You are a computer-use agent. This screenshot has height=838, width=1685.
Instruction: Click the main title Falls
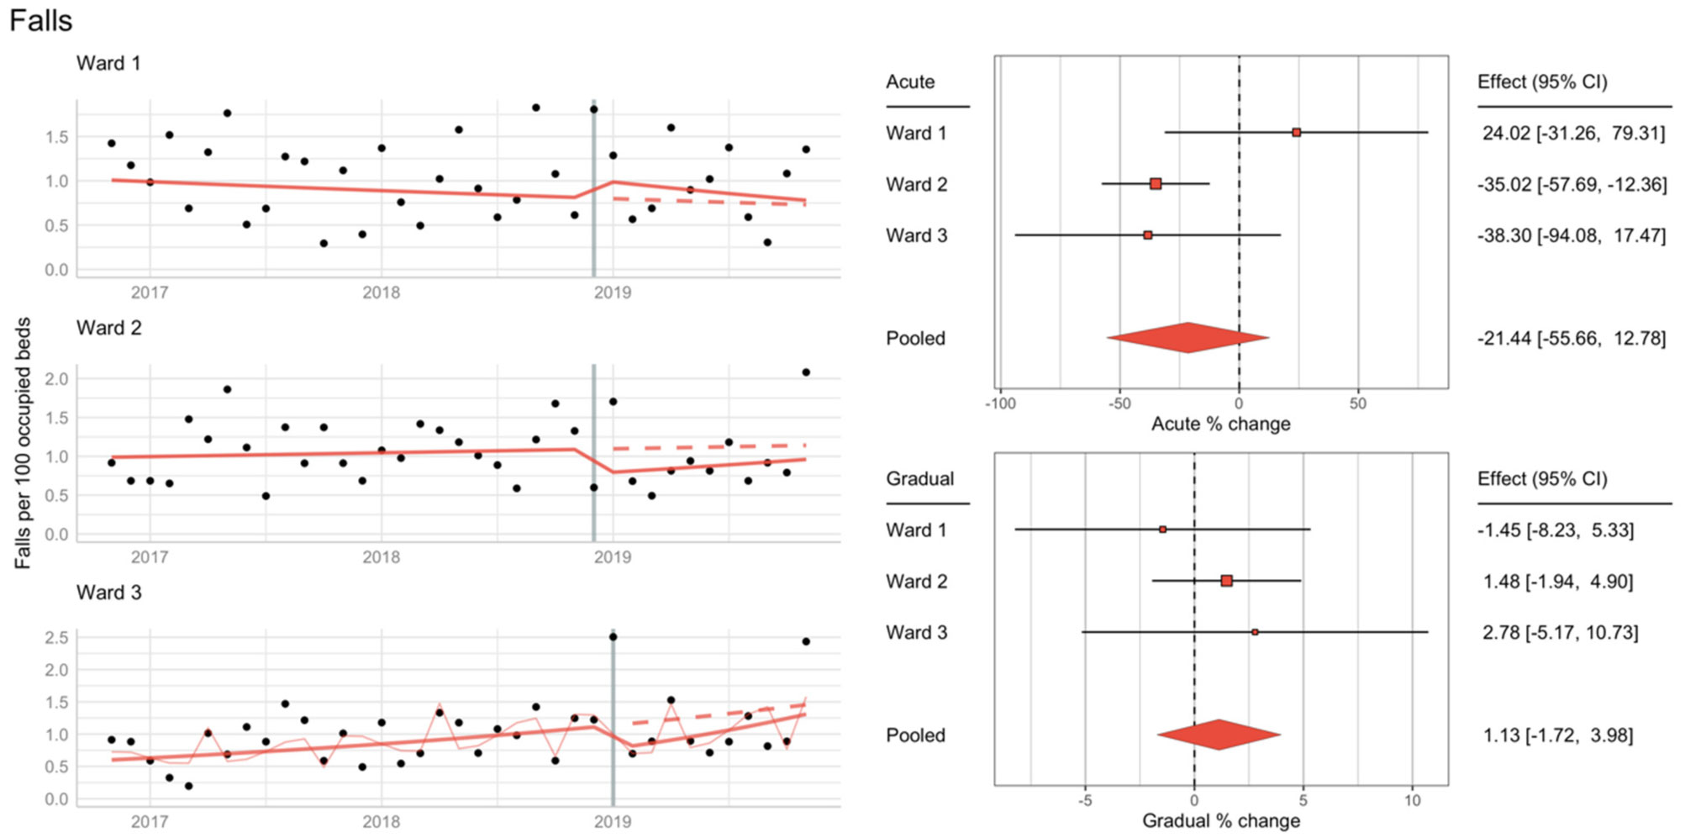(x=40, y=20)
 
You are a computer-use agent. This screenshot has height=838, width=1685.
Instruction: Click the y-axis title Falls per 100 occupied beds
(x=23, y=443)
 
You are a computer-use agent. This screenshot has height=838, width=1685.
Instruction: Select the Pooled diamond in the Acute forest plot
(x=1187, y=338)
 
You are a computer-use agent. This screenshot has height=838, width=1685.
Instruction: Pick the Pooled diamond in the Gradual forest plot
(x=1219, y=735)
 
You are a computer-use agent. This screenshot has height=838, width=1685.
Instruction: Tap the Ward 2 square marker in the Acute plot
(x=1156, y=184)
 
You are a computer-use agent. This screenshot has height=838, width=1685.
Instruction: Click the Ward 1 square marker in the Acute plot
(x=1296, y=133)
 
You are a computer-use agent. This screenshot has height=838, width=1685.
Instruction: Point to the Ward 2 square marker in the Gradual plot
(x=1226, y=581)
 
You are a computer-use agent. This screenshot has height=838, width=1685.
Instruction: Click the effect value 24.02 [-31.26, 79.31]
(x=1572, y=133)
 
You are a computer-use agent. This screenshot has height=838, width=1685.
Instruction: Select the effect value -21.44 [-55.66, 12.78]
(x=1571, y=338)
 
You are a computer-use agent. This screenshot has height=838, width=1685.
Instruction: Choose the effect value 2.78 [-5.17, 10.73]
(x=1560, y=632)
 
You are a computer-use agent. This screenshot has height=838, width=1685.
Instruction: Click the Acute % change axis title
(x=1220, y=424)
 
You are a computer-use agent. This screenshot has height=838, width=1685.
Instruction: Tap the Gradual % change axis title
(x=1220, y=820)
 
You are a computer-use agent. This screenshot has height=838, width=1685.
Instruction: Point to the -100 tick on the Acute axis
(x=1000, y=403)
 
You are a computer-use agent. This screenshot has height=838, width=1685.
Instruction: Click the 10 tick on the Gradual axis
(x=1412, y=800)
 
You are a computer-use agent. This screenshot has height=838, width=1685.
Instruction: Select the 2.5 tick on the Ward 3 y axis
(x=56, y=638)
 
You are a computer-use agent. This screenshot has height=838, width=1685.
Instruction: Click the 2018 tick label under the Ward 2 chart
(x=381, y=557)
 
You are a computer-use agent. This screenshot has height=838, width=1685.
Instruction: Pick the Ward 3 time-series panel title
(x=108, y=593)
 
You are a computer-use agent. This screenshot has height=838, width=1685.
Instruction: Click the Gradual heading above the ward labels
(x=919, y=478)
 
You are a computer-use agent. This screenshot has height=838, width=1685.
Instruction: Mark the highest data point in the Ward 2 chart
(x=806, y=372)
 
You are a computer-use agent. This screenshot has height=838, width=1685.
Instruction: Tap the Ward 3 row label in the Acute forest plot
(x=916, y=235)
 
